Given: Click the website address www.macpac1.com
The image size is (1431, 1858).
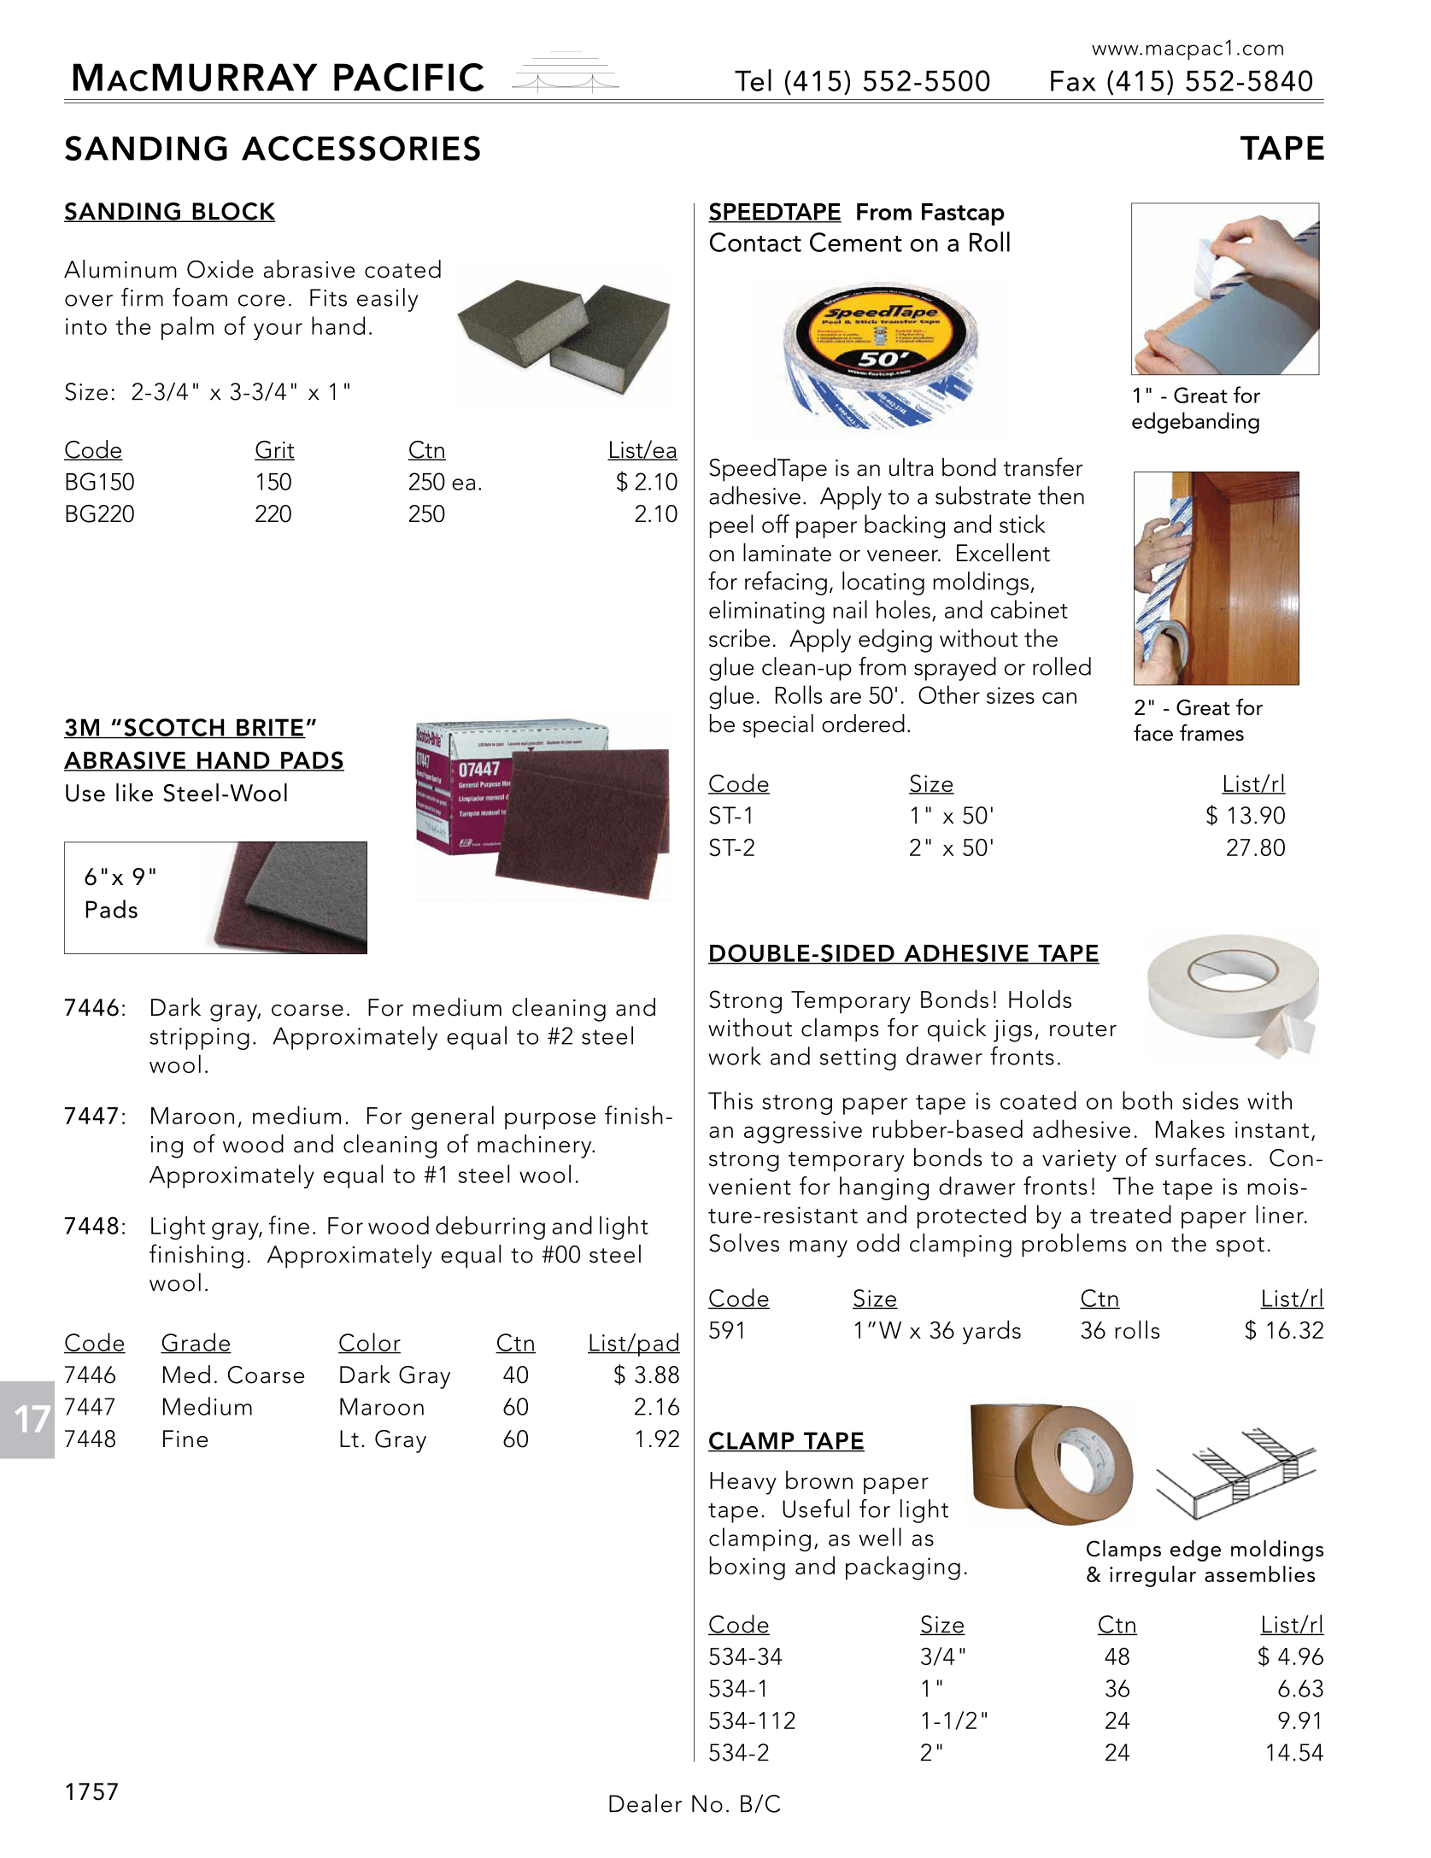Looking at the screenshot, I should click(x=1188, y=49).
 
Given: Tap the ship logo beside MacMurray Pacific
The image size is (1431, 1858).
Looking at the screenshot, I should click(x=565, y=74).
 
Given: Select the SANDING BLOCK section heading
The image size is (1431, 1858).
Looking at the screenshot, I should click(x=169, y=211).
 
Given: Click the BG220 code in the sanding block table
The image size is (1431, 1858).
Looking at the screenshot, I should click(x=99, y=514).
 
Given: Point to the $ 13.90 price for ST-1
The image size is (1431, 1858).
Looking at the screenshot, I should click(x=1245, y=816).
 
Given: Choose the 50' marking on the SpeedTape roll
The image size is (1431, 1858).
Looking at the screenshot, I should click(x=880, y=359).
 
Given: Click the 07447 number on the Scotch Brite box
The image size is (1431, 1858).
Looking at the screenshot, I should click(x=478, y=769).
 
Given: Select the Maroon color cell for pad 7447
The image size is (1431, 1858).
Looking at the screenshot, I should click(x=381, y=1407).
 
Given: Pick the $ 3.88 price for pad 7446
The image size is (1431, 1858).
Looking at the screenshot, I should click(x=646, y=1375).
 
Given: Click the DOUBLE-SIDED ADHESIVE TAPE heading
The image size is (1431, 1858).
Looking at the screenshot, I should click(x=903, y=953).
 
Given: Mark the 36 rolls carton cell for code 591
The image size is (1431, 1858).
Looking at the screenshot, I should click(x=1119, y=1331).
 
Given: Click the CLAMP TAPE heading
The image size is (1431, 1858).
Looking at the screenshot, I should click(x=786, y=1441).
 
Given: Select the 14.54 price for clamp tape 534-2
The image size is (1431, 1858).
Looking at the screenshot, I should click(x=1293, y=1753).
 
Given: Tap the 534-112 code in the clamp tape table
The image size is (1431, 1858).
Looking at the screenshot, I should click(x=752, y=1720).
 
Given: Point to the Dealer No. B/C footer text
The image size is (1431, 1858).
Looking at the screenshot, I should click(x=694, y=1804).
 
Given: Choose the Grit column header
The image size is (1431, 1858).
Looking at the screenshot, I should click(x=273, y=450).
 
